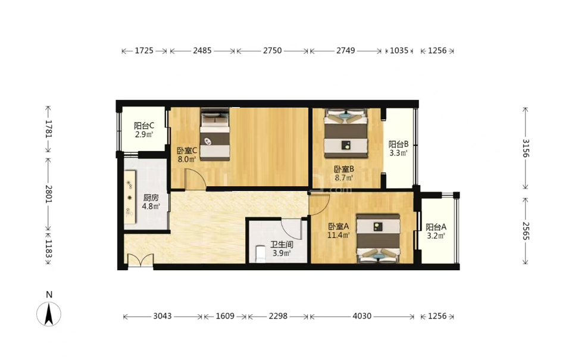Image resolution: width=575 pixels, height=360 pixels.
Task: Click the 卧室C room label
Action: point(187,151)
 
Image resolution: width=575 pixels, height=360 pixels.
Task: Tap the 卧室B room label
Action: point(343,170)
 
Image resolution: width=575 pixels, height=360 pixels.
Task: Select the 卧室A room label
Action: point(339,227)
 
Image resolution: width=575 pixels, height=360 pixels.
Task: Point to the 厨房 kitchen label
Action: point(151,198)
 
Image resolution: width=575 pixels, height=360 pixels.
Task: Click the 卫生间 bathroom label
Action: point(282,245)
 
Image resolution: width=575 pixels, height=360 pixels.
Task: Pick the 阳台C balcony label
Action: point(144,126)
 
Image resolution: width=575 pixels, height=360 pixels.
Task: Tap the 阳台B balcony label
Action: point(399,145)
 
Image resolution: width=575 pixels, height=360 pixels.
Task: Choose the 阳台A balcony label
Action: point(436,227)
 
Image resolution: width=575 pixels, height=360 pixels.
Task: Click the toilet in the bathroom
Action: point(260,253)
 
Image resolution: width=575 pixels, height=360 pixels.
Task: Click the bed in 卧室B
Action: point(346,133)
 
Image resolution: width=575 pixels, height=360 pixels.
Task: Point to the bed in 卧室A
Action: point(379,239)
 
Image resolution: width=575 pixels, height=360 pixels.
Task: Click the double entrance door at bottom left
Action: point(140,260)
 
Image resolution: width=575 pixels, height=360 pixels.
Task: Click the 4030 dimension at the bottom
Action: point(362,316)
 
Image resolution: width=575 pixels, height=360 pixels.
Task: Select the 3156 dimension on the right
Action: point(526,148)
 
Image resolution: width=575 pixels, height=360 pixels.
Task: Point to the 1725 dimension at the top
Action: point(144,51)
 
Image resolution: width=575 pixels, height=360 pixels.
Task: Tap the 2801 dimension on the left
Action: point(48,195)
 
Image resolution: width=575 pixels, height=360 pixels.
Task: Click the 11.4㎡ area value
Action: point(338,235)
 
